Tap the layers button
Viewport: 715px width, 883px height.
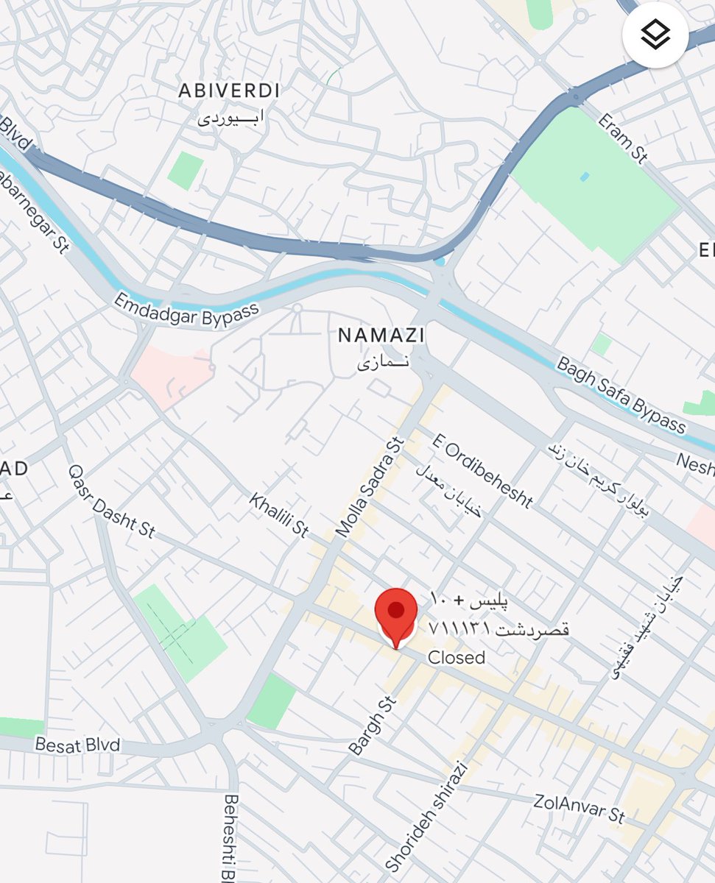[655, 35]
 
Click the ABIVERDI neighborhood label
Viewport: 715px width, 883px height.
[230, 91]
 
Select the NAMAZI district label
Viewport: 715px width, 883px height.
[381, 336]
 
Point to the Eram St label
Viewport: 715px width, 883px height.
[623, 137]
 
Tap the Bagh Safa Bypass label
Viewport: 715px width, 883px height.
[621, 395]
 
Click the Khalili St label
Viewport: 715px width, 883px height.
[278, 515]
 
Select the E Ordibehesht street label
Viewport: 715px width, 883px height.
[482, 471]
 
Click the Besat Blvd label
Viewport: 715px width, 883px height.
[77, 745]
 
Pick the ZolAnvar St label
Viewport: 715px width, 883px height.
[580, 808]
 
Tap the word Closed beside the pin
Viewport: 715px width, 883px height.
[457, 657]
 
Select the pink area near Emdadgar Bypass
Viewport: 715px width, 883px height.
[171, 375]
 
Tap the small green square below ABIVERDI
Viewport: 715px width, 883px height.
[185, 171]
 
